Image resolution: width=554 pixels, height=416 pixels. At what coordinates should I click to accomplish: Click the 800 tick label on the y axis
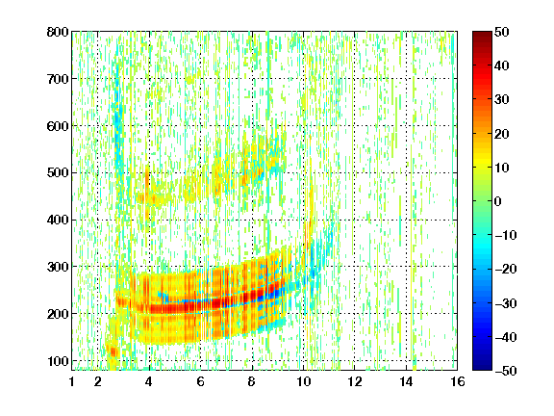click(x=58, y=32)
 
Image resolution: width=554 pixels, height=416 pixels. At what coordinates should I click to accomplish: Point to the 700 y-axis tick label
click(x=58, y=79)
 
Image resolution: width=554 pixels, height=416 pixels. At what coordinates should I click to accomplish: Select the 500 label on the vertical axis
click(x=58, y=173)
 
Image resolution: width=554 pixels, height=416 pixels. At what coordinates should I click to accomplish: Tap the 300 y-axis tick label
click(x=58, y=267)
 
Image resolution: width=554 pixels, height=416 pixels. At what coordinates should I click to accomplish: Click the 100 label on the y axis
click(x=58, y=361)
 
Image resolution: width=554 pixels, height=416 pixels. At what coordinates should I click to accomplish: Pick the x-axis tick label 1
click(x=72, y=381)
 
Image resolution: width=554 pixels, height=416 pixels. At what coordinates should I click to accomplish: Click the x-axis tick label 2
click(x=98, y=381)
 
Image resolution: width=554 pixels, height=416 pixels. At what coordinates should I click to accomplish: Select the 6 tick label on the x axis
click(x=200, y=381)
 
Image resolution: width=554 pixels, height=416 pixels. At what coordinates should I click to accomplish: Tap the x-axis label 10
click(x=304, y=381)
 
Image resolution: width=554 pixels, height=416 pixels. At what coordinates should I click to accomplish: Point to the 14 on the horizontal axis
click(x=406, y=381)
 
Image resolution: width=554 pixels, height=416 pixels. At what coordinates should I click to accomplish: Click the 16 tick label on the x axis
click(x=458, y=381)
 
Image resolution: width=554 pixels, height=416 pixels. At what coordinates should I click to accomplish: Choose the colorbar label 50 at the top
click(x=502, y=32)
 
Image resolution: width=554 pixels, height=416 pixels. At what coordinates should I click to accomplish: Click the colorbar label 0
click(x=498, y=201)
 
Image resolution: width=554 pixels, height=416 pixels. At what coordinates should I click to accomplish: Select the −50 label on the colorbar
click(x=506, y=371)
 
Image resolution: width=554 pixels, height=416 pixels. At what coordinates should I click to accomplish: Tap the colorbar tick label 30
click(x=502, y=100)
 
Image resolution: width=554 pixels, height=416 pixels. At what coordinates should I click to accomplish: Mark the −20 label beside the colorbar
click(x=506, y=270)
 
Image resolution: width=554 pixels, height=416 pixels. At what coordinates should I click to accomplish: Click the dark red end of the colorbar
click(x=482, y=34)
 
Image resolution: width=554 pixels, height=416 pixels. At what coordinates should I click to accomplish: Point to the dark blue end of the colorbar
click(x=482, y=368)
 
